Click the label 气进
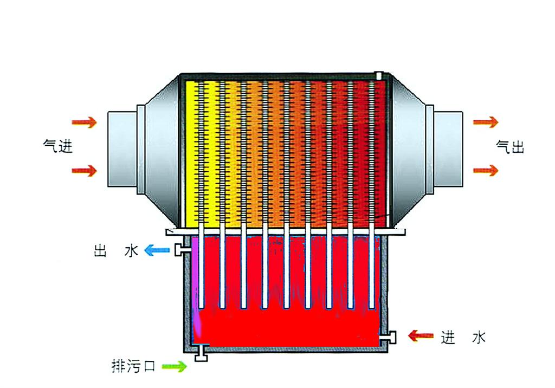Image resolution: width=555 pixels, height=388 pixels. [x=59, y=146]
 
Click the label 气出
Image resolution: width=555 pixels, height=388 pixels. [x=510, y=146]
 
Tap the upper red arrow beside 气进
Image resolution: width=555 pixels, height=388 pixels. [x=84, y=122]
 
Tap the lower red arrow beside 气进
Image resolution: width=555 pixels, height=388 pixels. [x=84, y=171]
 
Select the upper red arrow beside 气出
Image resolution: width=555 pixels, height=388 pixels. [x=485, y=122]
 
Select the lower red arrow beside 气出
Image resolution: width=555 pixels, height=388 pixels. [x=485, y=171]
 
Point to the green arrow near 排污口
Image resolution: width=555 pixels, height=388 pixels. [x=175, y=367]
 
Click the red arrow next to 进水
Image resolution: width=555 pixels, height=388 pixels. [x=421, y=336]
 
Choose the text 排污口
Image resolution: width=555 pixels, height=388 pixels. [x=133, y=367]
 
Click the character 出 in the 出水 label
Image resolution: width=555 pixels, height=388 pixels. [x=99, y=251]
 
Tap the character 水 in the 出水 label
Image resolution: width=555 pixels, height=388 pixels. [x=132, y=251]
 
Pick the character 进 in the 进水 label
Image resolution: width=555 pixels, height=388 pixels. [x=448, y=337]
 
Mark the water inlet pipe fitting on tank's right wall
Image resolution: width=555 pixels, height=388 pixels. [x=390, y=337]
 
